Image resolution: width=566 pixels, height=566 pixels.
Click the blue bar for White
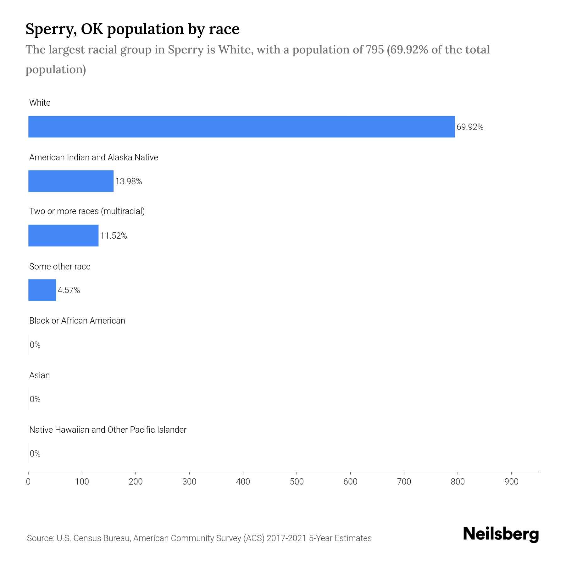(x=241, y=126)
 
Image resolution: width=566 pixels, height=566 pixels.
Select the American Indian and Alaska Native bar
(x=71, y=181)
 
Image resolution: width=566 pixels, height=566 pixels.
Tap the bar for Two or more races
(x=63, y=236)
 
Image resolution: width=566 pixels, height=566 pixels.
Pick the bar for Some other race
(x=42, y=290)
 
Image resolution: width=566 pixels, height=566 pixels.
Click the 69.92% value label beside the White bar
(x=470, y=127)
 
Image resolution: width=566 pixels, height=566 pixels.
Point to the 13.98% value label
(x=129, y=181)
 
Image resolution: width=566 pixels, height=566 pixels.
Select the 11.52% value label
(x=114, y=236)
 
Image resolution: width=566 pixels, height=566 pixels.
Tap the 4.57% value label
(x=69, y=290)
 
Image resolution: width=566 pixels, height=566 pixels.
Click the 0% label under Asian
(x=35, y=399)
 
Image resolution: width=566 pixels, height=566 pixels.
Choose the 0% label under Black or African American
(x=35, y=345)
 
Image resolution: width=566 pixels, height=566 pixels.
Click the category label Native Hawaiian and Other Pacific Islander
(x=108, y=430)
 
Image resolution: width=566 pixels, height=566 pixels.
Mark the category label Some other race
(x=60, y=267)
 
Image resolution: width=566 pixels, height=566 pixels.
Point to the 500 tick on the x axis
(x=297, y=481)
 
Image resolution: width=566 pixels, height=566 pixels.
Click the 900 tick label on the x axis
(x=511, y=481)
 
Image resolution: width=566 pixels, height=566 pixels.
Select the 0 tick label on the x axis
(x=28, y=481)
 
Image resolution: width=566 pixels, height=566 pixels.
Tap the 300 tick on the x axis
(x=189, y=481)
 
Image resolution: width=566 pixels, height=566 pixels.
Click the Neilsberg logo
(x=501, y=534)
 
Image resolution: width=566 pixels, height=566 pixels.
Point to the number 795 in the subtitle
(x=375, y=50)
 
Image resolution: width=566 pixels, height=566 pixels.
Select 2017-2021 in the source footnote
(x=286, y=538)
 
